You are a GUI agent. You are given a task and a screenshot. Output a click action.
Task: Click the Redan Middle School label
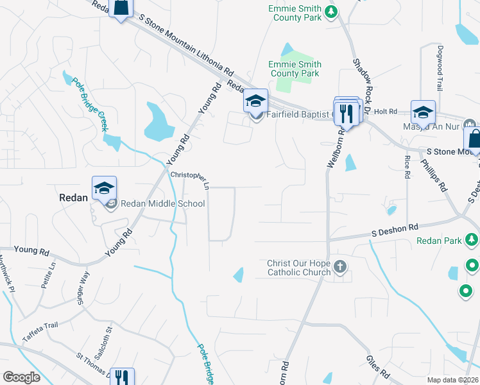pos(162,204)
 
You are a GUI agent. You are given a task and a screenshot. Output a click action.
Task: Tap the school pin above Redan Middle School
pos(104,188)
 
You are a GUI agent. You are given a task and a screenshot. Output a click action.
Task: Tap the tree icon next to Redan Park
pos(472,240)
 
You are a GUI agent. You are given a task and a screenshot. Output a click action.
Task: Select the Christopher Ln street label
pos(190,179)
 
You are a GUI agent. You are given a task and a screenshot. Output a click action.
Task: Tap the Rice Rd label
pos(407,166)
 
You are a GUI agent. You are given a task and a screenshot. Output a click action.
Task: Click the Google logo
pos(21,377)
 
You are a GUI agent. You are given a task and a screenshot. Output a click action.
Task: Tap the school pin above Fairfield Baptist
pos(255,101)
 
